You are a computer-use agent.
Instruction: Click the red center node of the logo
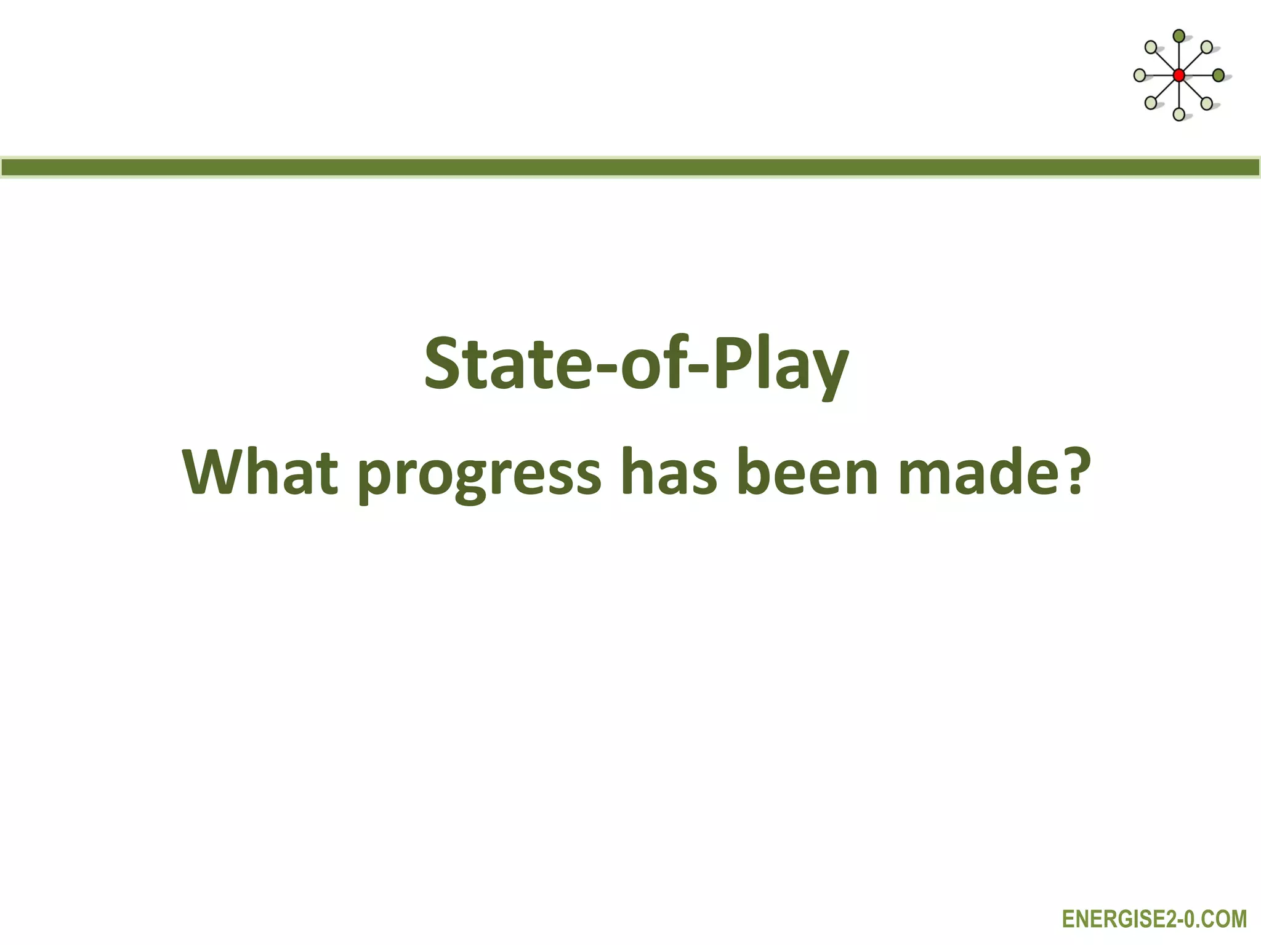click(x=1178, y=76)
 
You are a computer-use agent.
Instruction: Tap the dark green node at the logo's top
click(x=1178, y=36)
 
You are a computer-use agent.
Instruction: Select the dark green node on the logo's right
click(x=1218, y=76)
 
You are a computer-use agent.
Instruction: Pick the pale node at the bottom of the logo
click(x=1178, y=114)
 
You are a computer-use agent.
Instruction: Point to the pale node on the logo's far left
click(x=1140, y=76)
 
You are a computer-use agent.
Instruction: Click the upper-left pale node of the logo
click(x=1150, y=47)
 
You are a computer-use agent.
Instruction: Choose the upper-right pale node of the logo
click(x=1207, y=47)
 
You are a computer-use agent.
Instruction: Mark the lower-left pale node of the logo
click(x=1150, y=103)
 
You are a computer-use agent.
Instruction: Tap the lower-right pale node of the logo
click(x=1207, y=103)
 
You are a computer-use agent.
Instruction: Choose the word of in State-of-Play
click(x=652, y=365)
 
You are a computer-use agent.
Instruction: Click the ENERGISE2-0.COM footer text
click(x=1154, y=919)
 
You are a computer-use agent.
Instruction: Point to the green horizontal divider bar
click(x=630, y=167)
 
